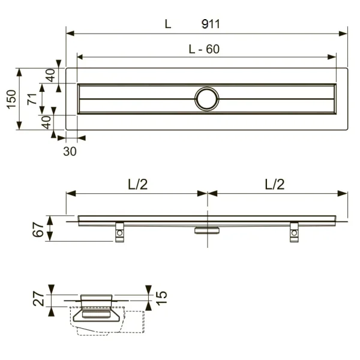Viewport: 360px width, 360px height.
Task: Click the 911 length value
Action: [211, 24]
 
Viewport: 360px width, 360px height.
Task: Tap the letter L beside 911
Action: [168, 24]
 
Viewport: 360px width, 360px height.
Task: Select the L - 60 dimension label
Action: [204, 50]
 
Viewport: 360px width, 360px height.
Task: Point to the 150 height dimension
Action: [10, 99]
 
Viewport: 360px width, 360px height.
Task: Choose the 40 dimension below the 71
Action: [47, 122]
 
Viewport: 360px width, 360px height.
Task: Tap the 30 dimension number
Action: [70, 151]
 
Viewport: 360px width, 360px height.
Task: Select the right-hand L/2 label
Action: [274, 185]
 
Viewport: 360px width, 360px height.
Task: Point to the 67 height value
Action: [37, 229]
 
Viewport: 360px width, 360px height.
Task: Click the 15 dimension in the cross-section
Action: [161, 296]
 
